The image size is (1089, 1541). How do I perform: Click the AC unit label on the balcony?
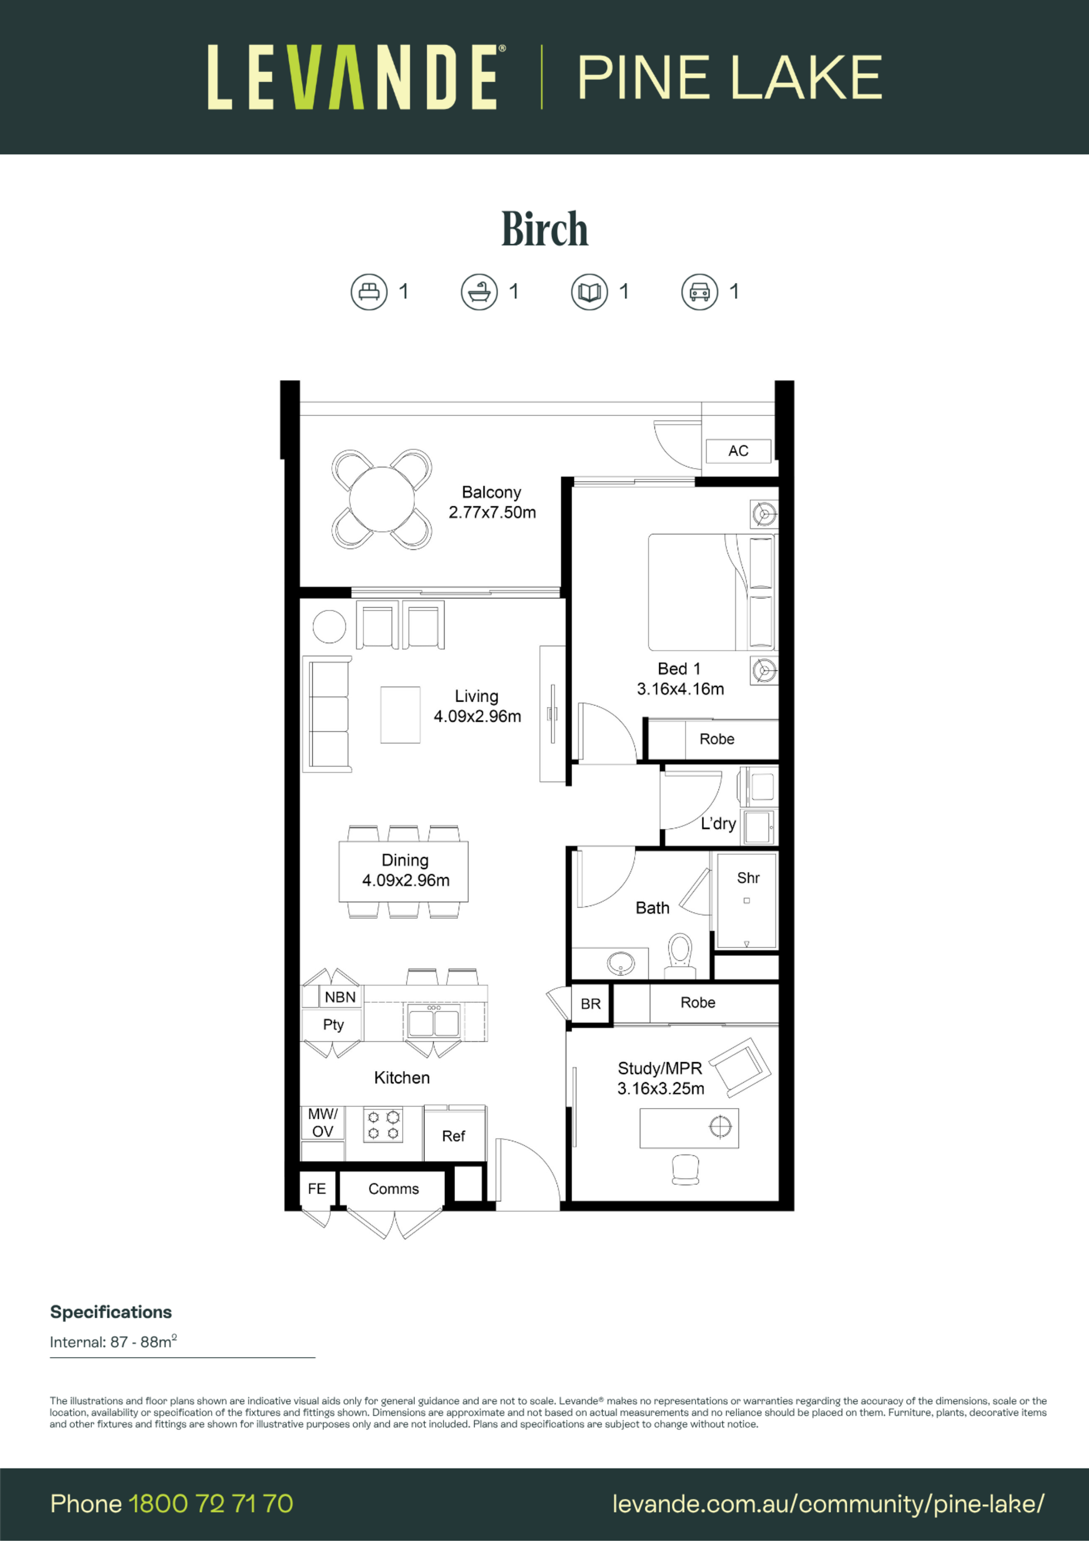click(x=738, y=451)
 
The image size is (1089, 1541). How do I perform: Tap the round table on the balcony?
click(x=382, y=499)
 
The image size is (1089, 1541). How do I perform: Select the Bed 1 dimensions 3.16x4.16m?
click(x=681, y=689)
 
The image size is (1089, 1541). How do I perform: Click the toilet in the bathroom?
click(x=679, y=954)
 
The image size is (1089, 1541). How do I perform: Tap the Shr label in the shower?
click(x=748, y=878)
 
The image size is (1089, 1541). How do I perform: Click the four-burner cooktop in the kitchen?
click(x=383, y=1126)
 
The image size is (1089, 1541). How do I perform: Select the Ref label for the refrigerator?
click(x=454, y=1136)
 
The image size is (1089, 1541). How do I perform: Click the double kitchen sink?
click(x=434, y=1024)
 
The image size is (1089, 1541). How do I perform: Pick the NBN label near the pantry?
click(x=340, y=997)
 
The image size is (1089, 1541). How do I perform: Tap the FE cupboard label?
click(x=316, y=1189)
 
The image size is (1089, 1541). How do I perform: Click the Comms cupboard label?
click(x=394, y=1189)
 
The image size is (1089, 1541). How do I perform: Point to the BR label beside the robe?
click(x=590, y=1004)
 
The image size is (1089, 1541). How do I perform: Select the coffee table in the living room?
click(x=400, y=715)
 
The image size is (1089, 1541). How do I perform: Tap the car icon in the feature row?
click(x=700, y=292)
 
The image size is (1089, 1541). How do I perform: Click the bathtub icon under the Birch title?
click(x=479, y=292)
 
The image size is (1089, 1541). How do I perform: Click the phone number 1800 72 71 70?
click(x=210, y=1504)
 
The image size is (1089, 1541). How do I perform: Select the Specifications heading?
click(x=111, y=1312)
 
